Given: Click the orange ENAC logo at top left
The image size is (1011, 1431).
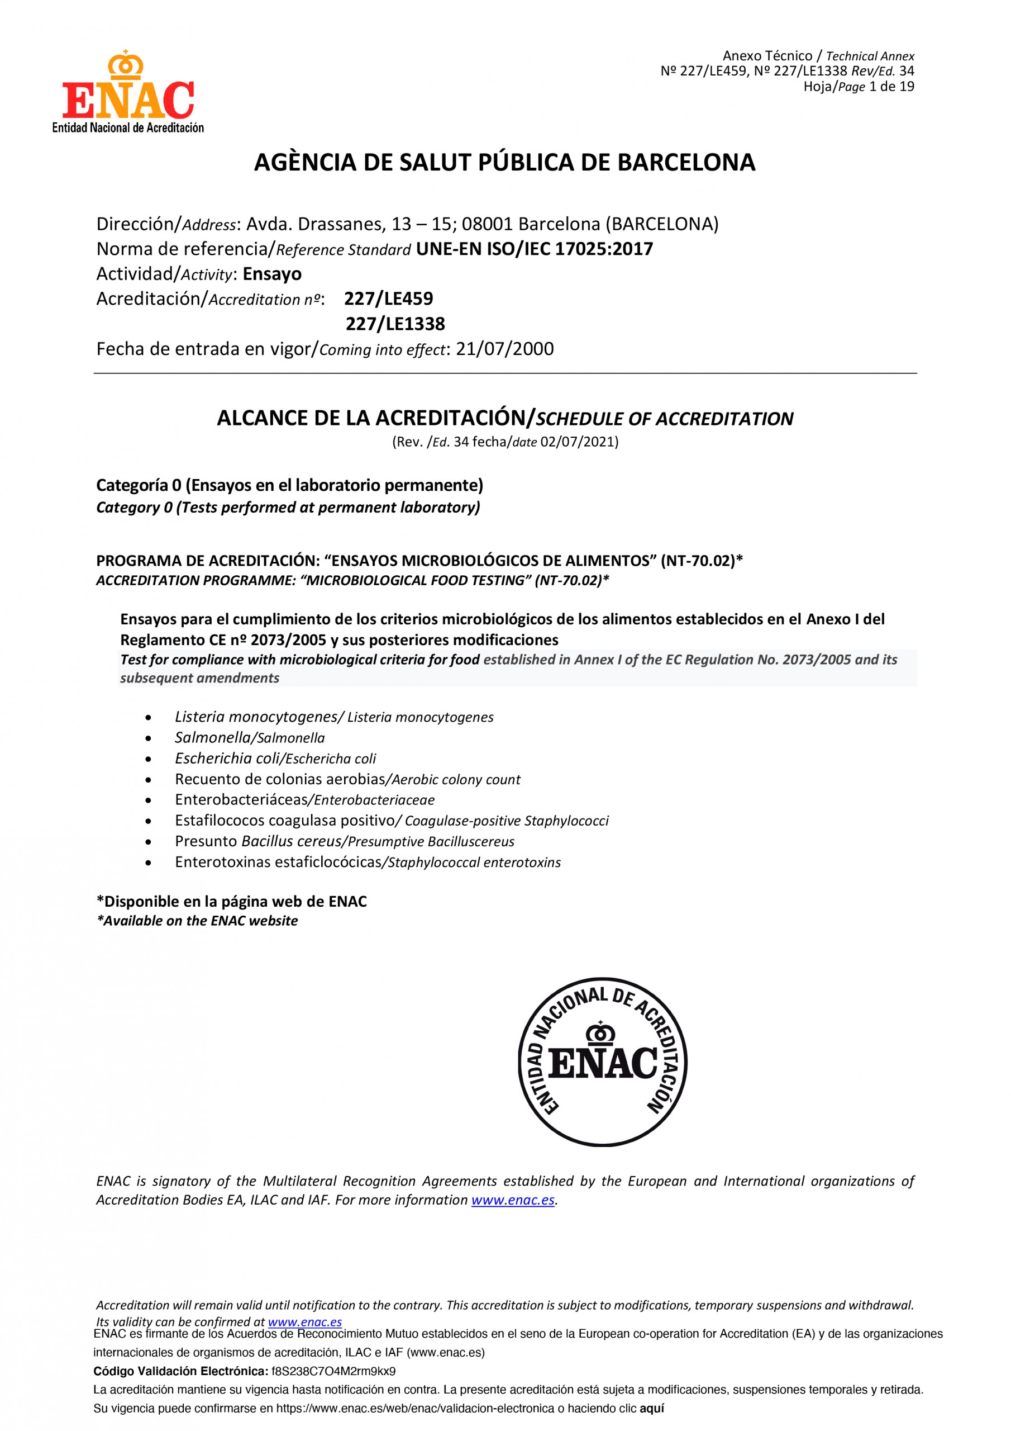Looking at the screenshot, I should coord(128,92).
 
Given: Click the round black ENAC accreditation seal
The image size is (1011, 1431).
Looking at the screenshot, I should coord(602,1062).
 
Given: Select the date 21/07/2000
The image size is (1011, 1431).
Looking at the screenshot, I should coord(504,349).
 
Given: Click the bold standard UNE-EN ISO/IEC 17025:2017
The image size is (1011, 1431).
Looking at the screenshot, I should coord(535,249).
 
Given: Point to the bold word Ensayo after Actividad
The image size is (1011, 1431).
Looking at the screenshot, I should coord(272,274).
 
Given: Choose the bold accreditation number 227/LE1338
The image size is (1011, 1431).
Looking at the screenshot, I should coord(395,324).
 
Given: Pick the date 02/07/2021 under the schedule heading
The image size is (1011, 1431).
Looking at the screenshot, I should coord(579,442).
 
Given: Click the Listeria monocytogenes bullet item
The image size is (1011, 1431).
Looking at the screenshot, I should coord(334,717).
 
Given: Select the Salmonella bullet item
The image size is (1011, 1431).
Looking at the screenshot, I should coord(250,738).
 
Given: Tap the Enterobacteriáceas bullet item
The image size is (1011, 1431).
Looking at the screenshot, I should coord(304,800).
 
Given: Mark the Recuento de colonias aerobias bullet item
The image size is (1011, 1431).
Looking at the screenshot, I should coord(347,779).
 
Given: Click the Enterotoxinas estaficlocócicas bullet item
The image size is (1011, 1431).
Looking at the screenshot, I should coord(368,862).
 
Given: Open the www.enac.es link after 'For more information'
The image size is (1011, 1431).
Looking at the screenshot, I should coord(513,1200).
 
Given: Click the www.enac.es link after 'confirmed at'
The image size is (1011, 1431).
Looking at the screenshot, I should coord(304,1322).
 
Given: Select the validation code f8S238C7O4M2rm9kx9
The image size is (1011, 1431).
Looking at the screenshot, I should coord(333,1371).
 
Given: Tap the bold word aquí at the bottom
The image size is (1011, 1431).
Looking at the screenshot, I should coord(652,1408).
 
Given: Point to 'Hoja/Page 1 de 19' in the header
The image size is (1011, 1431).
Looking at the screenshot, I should coord(859,87).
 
